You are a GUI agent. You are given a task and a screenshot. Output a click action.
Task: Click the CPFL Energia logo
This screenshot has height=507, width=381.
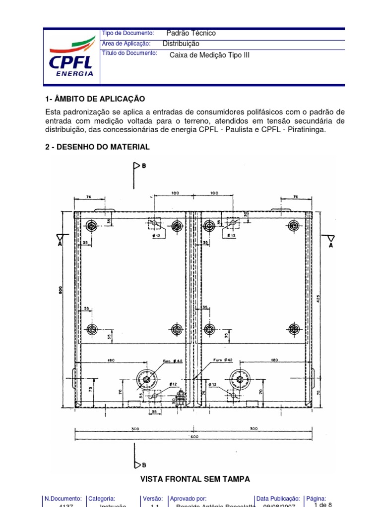coord(71,55)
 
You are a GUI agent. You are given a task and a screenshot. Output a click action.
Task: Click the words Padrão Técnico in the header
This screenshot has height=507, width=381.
coord(191,33)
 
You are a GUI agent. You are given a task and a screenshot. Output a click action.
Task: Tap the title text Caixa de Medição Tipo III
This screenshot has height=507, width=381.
coord(210,55)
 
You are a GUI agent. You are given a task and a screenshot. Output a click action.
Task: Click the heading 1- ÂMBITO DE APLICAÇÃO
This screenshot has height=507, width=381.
coord(95,100)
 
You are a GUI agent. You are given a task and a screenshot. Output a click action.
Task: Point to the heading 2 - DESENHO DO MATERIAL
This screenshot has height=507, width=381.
coord(97,147)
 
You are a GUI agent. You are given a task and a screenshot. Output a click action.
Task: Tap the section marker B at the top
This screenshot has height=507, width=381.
coord(143,166)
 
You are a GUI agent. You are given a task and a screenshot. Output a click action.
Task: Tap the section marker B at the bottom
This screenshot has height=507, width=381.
coord(143,464)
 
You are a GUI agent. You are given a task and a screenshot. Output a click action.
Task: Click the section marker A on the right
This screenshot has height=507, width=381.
coord(330,244)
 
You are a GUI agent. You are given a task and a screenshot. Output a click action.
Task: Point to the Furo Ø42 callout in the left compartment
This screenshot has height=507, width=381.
coord(171,361)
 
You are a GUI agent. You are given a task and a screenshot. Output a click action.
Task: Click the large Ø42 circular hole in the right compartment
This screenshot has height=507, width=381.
coord(240,379)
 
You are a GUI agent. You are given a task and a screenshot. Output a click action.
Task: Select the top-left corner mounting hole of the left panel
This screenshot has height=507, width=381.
coord(91,226)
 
